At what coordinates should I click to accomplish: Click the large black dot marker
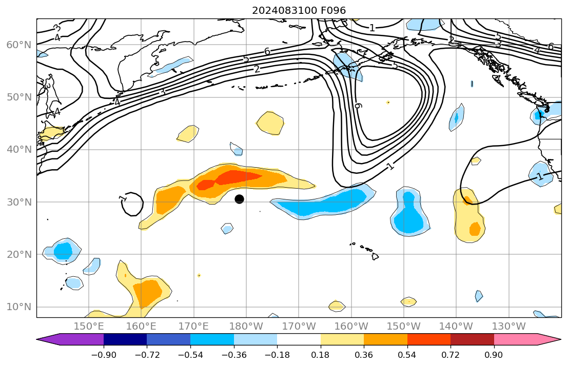pyautogui.click(x=239, y=199)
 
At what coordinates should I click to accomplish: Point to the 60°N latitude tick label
pyautogui.click(x=19, y=45)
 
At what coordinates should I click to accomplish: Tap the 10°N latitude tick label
pyautogui.click(x=19, y=307)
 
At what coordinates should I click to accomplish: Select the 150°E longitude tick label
pyautogui.click(x=89, y=326)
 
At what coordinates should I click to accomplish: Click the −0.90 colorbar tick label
pyautogui.click(x=104, y=355)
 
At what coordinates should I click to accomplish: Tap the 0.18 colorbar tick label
pyautogui.click(x=321, y=355)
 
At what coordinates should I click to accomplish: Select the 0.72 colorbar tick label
pyautogui.click(x=451, y=355)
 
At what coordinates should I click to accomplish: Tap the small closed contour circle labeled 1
pyautogui.click(x=132, y=204)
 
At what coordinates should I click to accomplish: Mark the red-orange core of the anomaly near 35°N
pyautogui.click(x=239, y=177)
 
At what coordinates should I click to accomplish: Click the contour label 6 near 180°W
pyautogui.click(x=267, y=51)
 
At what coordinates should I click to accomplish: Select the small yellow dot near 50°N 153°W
pyautogui.click(x=388, y=102)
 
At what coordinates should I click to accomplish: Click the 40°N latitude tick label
pyautogui.click(x=19, y=150)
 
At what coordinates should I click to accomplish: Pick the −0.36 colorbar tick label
pyautogui.click(x=234, y=355)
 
